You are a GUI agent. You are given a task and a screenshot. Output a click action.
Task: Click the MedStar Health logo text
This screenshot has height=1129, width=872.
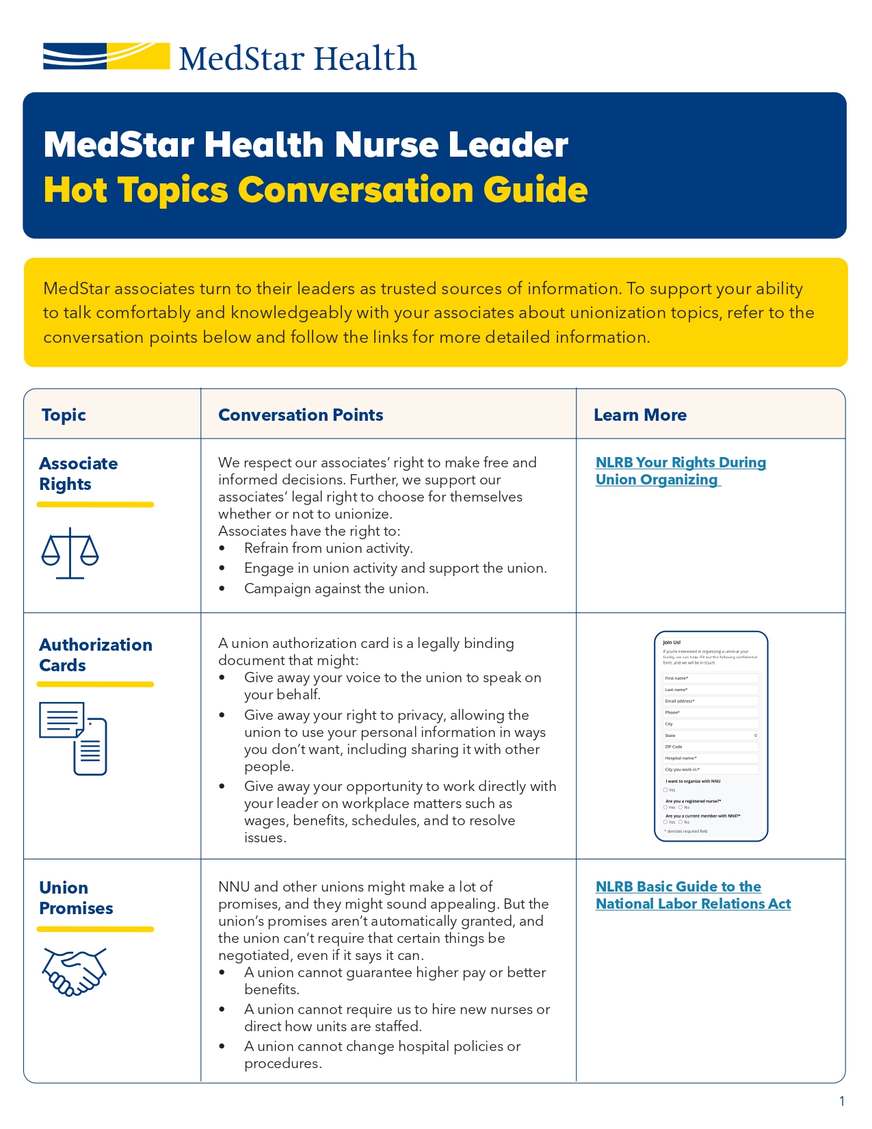pos(298,59)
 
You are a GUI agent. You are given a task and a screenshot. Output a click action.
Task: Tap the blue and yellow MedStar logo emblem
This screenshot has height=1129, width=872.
pos(106,56)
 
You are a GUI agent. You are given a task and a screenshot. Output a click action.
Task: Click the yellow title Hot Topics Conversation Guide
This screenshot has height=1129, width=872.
pos(315,190)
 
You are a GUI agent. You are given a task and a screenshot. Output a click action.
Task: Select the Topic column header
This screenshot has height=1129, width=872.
pos(64,415)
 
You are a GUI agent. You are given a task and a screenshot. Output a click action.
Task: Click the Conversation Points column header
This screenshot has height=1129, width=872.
pos(300,415)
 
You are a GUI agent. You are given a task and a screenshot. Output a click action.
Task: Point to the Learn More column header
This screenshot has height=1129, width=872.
pos(639,415)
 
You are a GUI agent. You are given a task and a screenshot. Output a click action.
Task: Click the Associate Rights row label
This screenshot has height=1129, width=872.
pos(78,473)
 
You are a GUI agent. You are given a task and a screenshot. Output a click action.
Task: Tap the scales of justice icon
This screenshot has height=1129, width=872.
pos(70,553)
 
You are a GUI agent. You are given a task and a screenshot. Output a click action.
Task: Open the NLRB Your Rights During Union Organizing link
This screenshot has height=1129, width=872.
pos(680,471)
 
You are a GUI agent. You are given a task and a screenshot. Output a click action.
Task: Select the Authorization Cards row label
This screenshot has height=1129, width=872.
pos(95,655)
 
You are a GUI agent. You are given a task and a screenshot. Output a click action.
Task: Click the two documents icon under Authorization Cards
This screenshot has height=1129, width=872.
pos(73,738)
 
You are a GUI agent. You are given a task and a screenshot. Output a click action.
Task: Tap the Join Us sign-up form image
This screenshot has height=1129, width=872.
pos(711,736)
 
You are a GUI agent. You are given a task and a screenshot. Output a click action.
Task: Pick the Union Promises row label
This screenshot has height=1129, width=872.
pos(76,898)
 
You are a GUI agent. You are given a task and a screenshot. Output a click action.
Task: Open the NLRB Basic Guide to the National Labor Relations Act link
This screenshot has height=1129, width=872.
pos(692,895)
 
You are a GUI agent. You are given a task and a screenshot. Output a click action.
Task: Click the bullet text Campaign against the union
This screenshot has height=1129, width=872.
pos(336,588)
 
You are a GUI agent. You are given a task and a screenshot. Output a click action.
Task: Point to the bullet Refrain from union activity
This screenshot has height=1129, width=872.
pos(328,548)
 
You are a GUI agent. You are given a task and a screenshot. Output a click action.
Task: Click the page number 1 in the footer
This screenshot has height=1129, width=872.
pos(842,1101)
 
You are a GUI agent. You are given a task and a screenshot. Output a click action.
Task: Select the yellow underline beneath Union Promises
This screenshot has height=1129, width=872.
pos(95,929)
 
